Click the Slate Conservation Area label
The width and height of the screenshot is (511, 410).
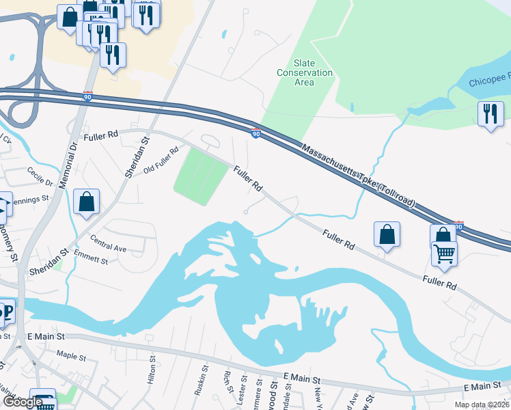click(304, 72)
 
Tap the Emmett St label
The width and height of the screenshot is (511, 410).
click(91, 259)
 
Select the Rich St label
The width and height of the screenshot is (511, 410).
click(226, 381)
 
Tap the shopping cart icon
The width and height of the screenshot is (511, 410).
click(445, 254)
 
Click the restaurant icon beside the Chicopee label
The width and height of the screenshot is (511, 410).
click(491, 113)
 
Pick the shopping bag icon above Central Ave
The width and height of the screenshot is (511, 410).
click(86, 202)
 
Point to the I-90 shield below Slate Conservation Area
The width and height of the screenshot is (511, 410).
click(254, 133)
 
